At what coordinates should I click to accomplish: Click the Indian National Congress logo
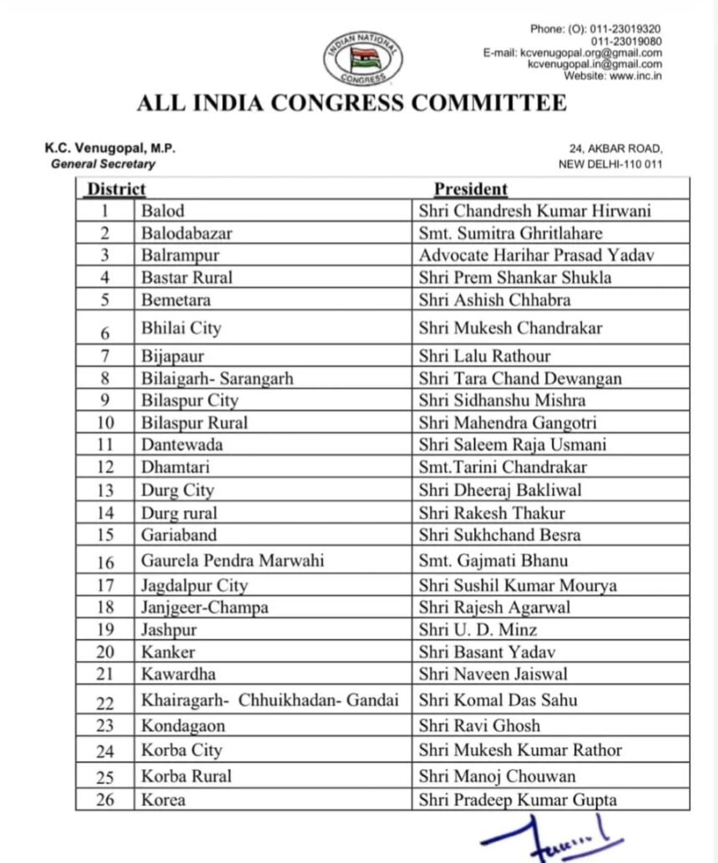(x=362, y=58)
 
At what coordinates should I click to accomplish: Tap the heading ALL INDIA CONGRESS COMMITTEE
(x=351, y=103)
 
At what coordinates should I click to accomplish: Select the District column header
(x=117, y=189)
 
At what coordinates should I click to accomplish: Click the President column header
(x=470, y=189)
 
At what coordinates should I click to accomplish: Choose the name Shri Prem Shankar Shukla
(x=515, y=277)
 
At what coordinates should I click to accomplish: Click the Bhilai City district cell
(x=181, y=328)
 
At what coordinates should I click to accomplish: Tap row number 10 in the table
(x=105, y=423)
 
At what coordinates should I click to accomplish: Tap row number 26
(x=105, y=800)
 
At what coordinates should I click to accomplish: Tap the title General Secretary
(x=103, y=164)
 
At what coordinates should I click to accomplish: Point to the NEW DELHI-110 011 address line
(x=609, y=164)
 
